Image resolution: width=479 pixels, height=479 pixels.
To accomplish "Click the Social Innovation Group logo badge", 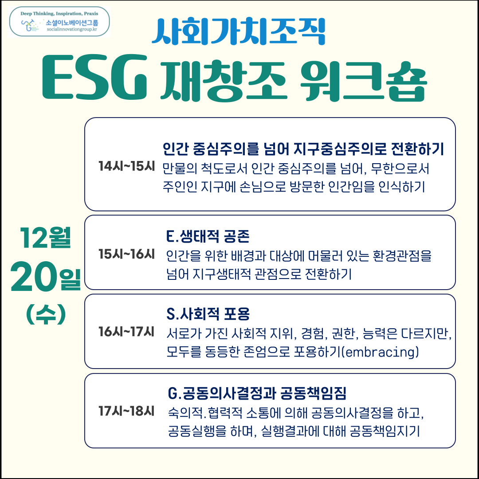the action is click(x=59, y=22).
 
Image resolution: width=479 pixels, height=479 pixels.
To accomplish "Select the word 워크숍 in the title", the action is click(x=363, y=81).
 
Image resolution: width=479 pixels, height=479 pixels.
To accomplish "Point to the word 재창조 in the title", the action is click(x=224, y=81).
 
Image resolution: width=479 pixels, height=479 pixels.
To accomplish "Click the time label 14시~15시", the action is click(x=126, y=166).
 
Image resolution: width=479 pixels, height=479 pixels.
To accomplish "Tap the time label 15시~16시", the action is click(x=126, y=254).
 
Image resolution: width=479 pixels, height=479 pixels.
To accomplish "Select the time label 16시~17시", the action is click(x=126, y=332).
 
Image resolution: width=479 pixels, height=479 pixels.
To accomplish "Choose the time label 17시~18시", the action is click(x=126, y=411).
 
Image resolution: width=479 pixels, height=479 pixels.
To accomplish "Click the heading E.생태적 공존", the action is click(x=208, y=236).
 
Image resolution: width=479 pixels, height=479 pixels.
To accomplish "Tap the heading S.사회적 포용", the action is click(x=208, y=314).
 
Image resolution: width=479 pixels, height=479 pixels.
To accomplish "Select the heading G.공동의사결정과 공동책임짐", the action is click(x=257, y=393).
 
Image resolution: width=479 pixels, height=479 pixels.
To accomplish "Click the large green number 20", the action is click(x=34, y=277).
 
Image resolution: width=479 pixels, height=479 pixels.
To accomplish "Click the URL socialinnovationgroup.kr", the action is click(x=72, y=29).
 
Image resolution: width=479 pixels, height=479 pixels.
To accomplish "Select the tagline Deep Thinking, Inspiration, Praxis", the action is click(x=59, y=13).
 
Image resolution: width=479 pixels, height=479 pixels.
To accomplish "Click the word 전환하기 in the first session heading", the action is click(x=417, y=149).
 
